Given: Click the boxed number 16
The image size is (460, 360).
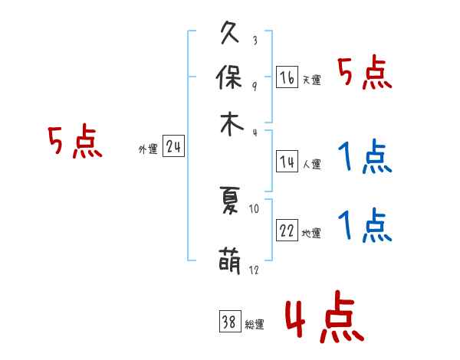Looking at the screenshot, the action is (287, 77).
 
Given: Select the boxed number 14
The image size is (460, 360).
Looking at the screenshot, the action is (287, 162).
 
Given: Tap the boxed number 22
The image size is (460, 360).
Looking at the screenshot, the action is (287, 231).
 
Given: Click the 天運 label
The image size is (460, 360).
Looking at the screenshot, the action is (312, 80).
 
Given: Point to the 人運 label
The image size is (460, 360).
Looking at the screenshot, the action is (312, 164).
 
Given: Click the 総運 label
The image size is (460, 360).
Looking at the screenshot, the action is (255, 325).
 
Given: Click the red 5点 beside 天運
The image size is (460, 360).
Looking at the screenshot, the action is (365, 74).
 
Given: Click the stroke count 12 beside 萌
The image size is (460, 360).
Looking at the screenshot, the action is (254, 270).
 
